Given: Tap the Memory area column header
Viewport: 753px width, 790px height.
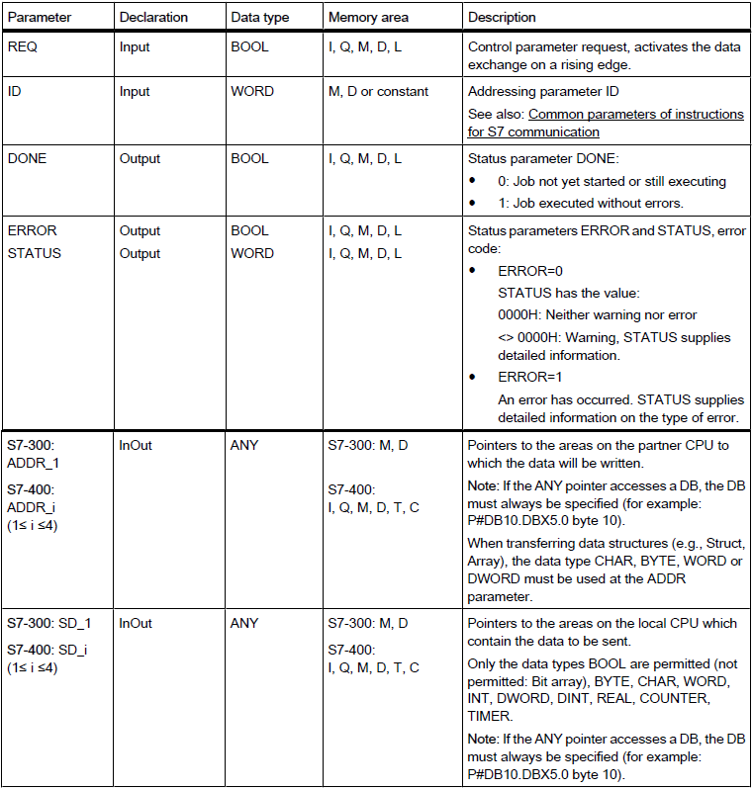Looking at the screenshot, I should point(369,18).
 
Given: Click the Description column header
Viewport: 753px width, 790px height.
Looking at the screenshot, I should point(502,18).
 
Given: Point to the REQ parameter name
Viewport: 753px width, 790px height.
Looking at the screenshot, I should point(22,46).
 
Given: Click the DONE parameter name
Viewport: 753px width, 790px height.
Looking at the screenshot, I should point(27,158).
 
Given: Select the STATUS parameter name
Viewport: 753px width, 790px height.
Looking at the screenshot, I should point(34,253).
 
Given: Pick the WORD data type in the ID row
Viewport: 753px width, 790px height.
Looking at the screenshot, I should point(252,91).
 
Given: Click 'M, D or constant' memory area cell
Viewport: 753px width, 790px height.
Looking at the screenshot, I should point(379,91).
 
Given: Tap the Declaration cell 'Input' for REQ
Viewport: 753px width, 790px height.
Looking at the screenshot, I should point(135,46).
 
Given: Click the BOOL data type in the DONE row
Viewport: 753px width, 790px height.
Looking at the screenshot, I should point(249,158).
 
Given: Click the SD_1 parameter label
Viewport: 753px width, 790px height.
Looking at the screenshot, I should point(66,624).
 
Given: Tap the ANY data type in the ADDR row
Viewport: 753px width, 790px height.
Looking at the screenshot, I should point(244,446).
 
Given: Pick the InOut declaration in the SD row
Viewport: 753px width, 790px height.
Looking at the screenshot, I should point(136,624).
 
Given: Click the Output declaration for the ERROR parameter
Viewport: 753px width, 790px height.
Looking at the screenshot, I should point(140,230).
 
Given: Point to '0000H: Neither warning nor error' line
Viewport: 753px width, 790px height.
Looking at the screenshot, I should point(598,314).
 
